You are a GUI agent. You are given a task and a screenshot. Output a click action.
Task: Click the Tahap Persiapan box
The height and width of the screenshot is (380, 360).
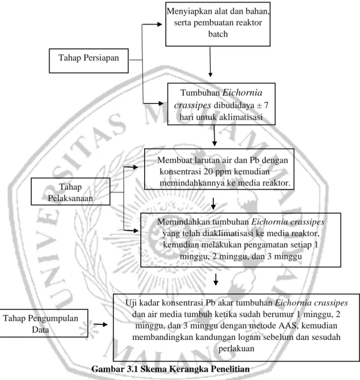(x=88, y=61)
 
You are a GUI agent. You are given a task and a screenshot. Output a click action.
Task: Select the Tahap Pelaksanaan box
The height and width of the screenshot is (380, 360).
(x=71, y=191)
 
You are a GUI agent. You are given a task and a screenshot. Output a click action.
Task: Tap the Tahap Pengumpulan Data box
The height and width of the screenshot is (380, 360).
(x=43, y=323)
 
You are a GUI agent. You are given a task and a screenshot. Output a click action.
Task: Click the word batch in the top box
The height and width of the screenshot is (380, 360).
(x=218, y=34)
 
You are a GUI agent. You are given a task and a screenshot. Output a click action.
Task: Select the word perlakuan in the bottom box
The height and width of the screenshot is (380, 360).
(x=236, y=348)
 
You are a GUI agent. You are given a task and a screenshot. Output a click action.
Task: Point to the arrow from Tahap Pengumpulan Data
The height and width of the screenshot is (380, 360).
(x=100, y=324)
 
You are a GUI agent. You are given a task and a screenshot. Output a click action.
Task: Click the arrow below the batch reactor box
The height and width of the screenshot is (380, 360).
(x=210, y=62)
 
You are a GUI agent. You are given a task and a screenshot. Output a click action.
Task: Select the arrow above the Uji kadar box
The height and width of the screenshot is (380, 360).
(x=215, y=279)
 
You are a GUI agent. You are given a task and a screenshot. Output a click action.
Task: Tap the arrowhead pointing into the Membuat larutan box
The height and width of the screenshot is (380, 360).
(x=136, y=167)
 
